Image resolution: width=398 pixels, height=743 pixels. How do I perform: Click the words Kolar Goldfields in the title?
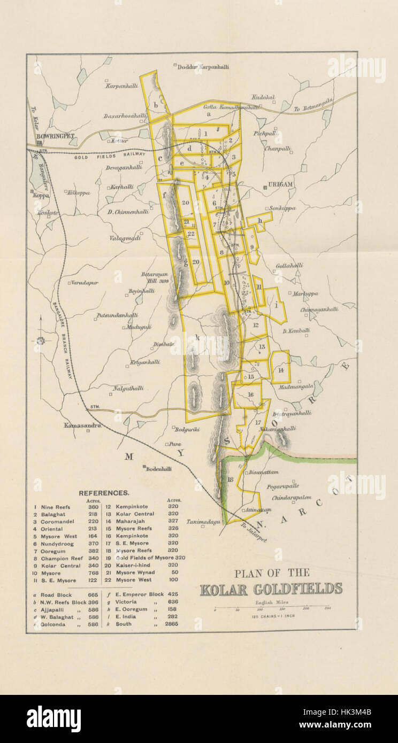[x=271, y=590]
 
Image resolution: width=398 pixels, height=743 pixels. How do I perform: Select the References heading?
[x=103, y=493]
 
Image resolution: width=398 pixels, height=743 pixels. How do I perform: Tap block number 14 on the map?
[x=280, y=370]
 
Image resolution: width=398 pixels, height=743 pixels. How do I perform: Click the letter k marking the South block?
[x=197, y=337]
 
